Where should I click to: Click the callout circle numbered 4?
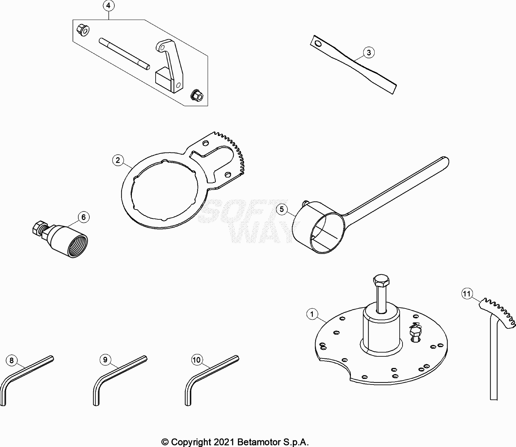108,6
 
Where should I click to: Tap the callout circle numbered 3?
369,52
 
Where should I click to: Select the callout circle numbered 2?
118,160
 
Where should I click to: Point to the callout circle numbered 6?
83,217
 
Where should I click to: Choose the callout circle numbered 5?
282,209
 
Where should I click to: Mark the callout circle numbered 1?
312,314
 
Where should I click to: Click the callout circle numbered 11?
467,294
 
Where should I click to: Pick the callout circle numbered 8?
12,360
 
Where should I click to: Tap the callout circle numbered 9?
105,360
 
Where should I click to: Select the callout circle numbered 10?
197,360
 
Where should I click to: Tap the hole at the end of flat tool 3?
318,43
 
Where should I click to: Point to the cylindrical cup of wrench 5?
319,228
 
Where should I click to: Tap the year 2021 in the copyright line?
223,442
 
